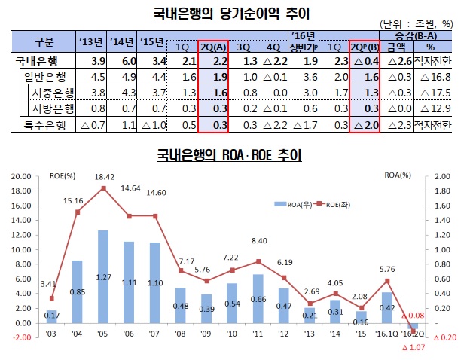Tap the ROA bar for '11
(x=258, y=298)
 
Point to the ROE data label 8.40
(x=258, y=241)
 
